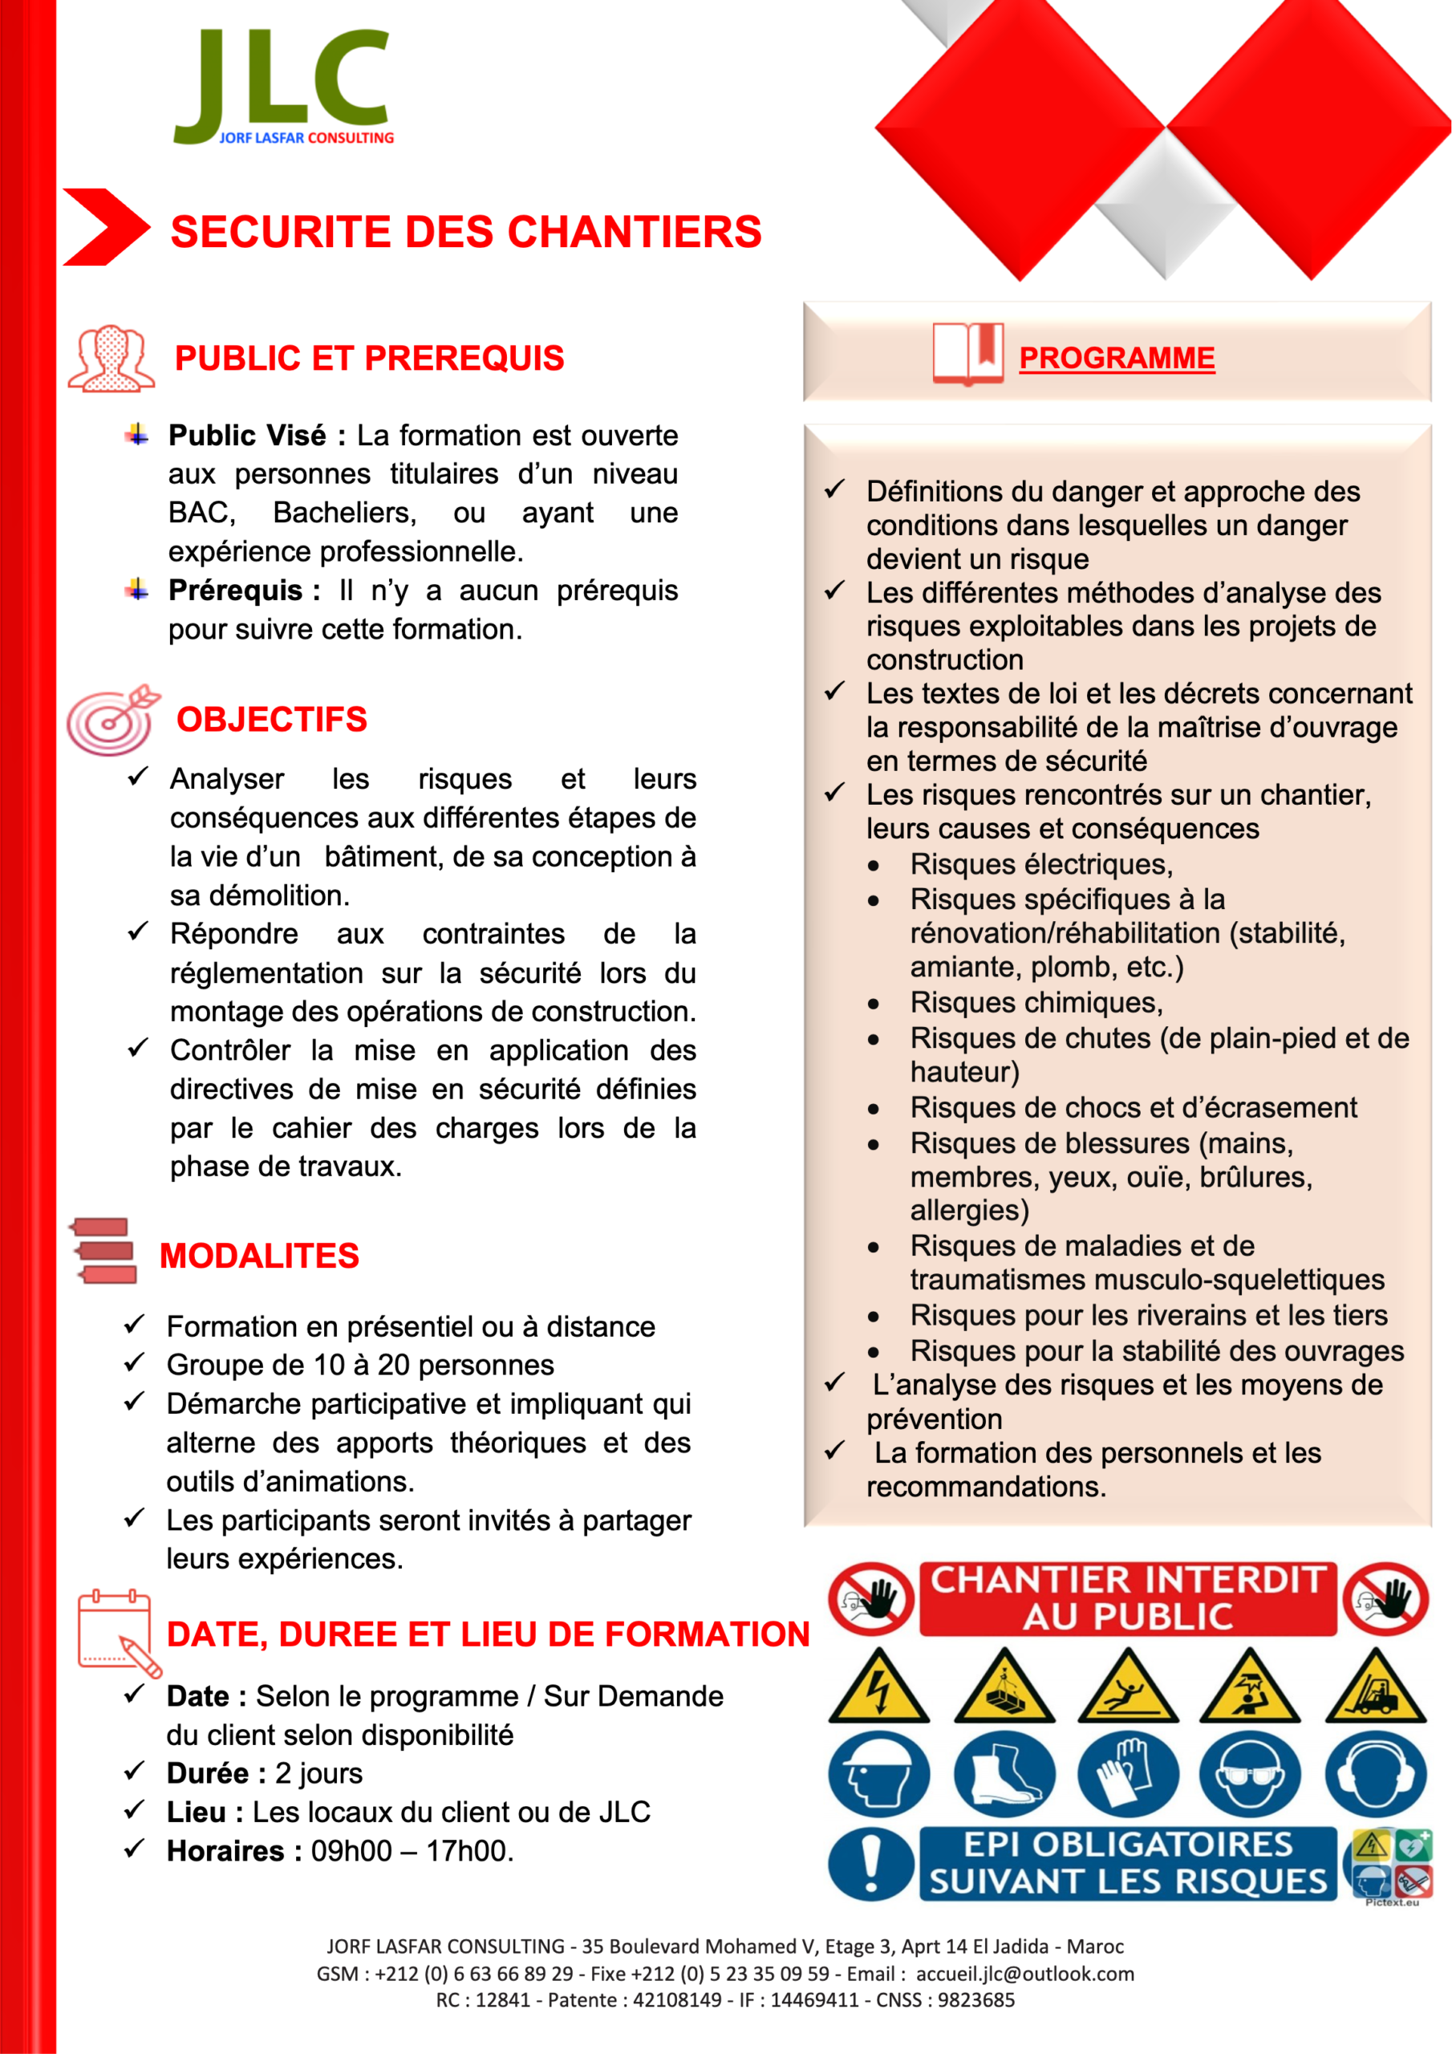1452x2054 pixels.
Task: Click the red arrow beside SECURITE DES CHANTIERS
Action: click(106, 227)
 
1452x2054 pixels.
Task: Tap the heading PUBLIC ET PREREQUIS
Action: click(368, 358)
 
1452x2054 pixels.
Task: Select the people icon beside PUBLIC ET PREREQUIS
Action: click(111, 358)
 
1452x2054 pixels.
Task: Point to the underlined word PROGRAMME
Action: click(1117, 358)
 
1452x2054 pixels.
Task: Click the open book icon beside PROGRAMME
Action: click(967, 353)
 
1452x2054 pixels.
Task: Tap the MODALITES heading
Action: click(259, 1256)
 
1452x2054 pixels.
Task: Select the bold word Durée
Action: click(208, 1773)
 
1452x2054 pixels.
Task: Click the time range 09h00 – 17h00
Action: click(412, 1851)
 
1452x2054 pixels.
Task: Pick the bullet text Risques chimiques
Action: click(1036, 1003)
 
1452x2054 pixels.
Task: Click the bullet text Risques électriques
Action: click(1041, 864)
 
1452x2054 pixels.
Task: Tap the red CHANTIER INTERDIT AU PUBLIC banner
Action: click(1128, 1598)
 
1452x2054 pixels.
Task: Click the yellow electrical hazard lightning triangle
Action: click(878, 1689)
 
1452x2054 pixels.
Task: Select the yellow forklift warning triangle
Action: click(1376, 1689)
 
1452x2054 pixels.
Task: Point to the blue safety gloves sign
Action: click(1127, 1774)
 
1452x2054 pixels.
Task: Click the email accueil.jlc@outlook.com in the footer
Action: click(1024, 1974)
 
